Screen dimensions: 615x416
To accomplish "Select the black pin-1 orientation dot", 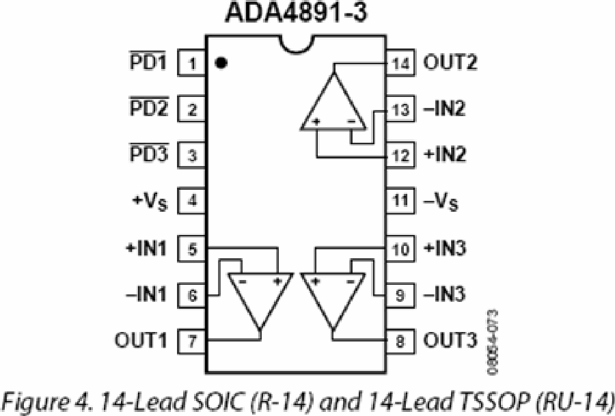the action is point(221,63).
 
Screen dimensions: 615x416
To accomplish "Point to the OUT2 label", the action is point(450,62).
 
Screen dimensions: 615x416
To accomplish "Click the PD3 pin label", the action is point(149,153).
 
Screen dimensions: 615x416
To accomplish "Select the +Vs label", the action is point(150,202).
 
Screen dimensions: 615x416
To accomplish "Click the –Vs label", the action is point(441,202).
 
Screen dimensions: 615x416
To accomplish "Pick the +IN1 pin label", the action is point(146,249).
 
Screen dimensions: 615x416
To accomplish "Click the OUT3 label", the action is point(450,340).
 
